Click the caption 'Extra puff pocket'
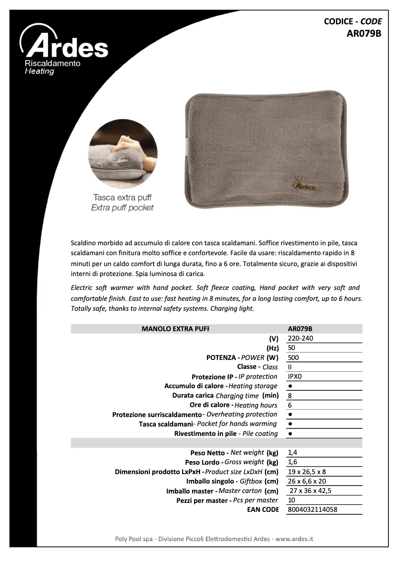(122, 208)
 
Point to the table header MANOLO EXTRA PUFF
(175, 329)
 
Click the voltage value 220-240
(300, 338)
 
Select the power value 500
(293, 357)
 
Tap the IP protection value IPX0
(295, 376)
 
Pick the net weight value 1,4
(292, 452)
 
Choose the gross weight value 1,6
(292, 462)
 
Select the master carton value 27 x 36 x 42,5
(311, 491)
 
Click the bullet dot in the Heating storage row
(290, 386)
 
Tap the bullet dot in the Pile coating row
(290, 433)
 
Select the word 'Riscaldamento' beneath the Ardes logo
(52, 65)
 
